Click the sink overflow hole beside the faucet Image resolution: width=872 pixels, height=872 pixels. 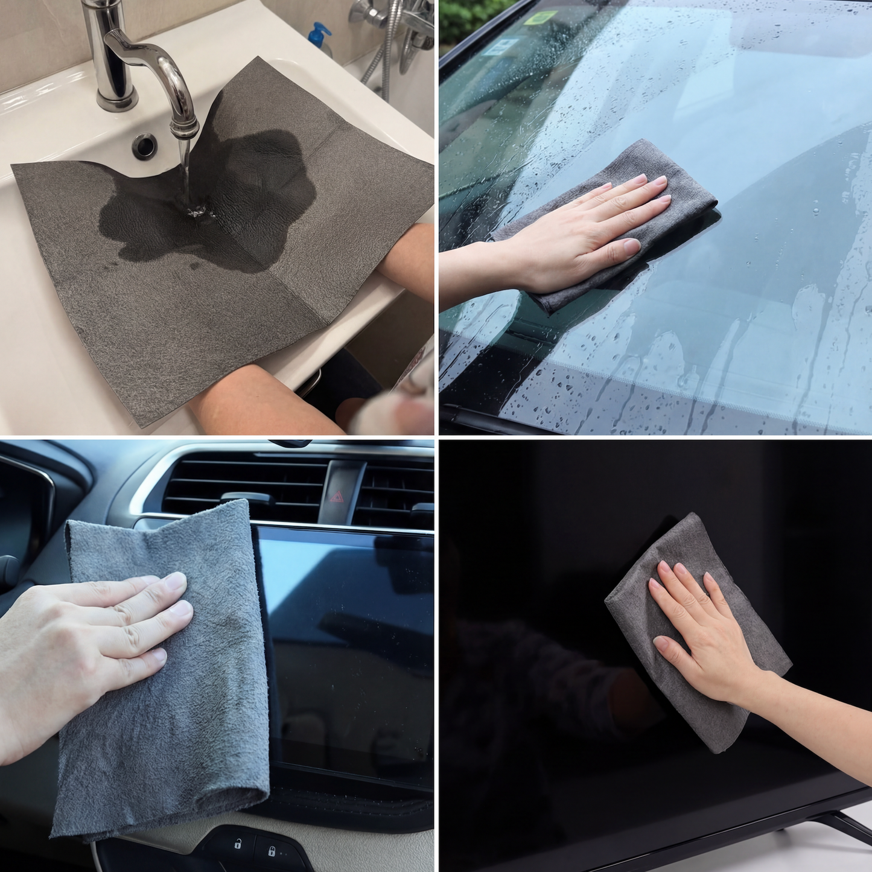[x=145, y=145]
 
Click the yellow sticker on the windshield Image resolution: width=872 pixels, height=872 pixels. [x=540, y=18]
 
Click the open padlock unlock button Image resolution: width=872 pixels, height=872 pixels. [x=237, y=844]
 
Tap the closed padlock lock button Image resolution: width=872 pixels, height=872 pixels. [x=272, y=851]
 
